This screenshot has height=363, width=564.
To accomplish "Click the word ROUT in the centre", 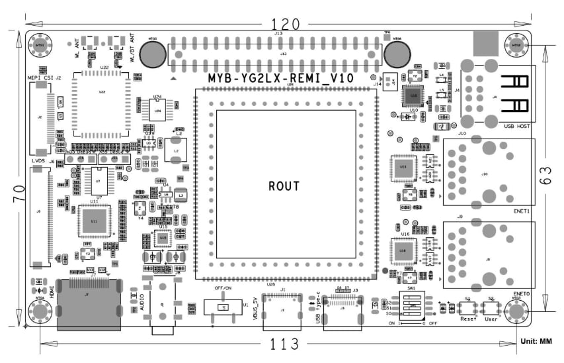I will click(x=284, y=186).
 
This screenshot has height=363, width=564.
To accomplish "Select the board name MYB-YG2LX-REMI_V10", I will click(x=280, y=78).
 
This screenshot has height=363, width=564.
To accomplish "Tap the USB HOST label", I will click(x=517, y=126).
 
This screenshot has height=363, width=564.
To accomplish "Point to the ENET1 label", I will click(x=522, y=211).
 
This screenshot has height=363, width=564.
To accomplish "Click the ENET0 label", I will click(x=522, y=293).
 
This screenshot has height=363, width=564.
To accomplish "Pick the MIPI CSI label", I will click(x=40, y=78).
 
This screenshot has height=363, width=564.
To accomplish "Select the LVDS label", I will click(x=37, y=161).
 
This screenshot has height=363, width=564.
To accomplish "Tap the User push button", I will click(x=491, y=309).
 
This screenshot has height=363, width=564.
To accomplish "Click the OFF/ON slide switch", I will click(x=223, y=308).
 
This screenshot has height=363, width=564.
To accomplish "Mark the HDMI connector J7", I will click(x=89, y=304).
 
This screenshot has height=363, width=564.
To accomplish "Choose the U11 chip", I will click(x=94, y=221).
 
